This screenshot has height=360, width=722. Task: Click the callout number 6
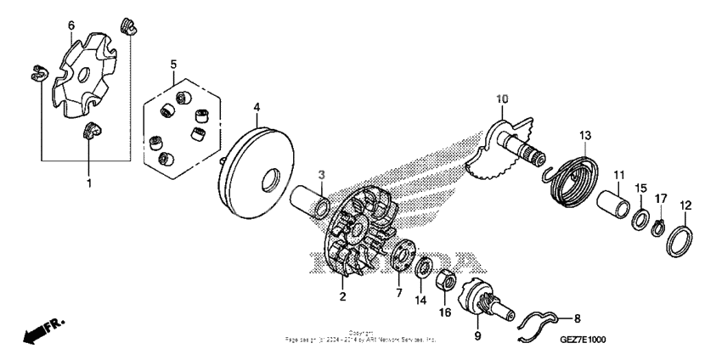pyautogui.click(x=71, y=26)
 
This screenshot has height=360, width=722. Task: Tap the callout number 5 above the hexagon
pyautogui.click(x=173, y=65)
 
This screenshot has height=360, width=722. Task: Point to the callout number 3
pyautogui.click(x=322, y=174)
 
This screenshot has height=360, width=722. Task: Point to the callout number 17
pyautogui.click(x=662, y=198)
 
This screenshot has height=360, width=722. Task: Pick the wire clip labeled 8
pyautogui.click(x=539, y=327)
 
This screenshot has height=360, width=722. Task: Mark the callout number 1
pyautogui.click(x=88, y=182)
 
